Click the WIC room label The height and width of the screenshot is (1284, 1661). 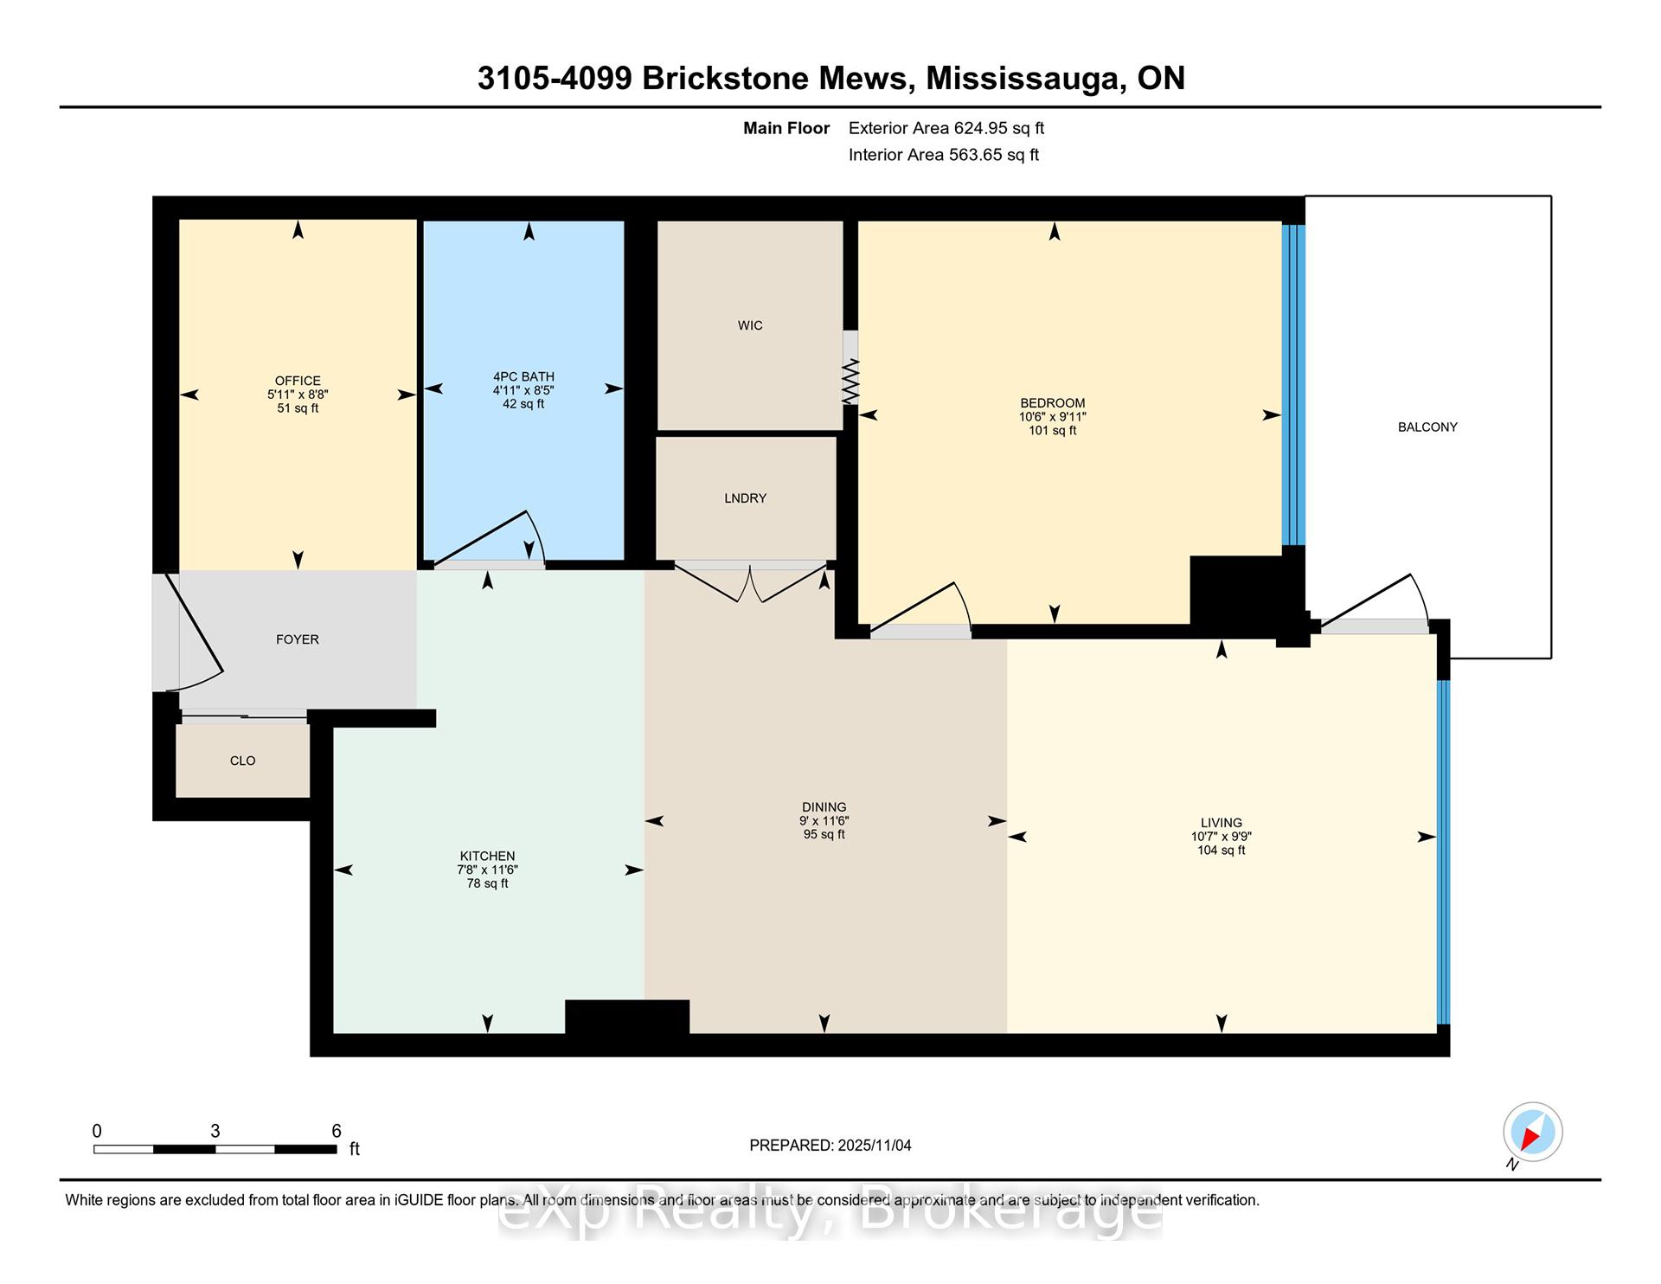[x=750, y=325]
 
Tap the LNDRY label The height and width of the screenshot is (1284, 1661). [x=745, y=498]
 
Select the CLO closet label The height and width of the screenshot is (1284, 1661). [x=242, y=761]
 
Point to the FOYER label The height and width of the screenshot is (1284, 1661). [x=297, y=639]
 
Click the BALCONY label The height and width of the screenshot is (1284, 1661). [x=1427, y=427]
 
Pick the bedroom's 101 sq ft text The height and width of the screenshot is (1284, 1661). [x=1052, y=431]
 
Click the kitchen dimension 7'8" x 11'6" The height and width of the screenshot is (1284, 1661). [x=487, y=870]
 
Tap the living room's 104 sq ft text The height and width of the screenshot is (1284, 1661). [x=1221, y=851]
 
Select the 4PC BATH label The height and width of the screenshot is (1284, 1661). [x=523, y=376]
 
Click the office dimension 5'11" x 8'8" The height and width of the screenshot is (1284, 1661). [x=298, y=395]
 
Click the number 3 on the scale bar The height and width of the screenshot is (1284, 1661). [x=215, y=1131]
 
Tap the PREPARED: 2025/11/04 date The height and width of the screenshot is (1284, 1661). [x=830, y=1146]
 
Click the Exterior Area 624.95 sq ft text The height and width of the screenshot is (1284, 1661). [x=946, y=128]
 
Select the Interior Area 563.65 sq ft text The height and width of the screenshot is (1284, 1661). [x=944, y=155]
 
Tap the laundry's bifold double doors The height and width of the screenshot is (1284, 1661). [x=750, y=582]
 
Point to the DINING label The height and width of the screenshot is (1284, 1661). [x=824, y=807]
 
